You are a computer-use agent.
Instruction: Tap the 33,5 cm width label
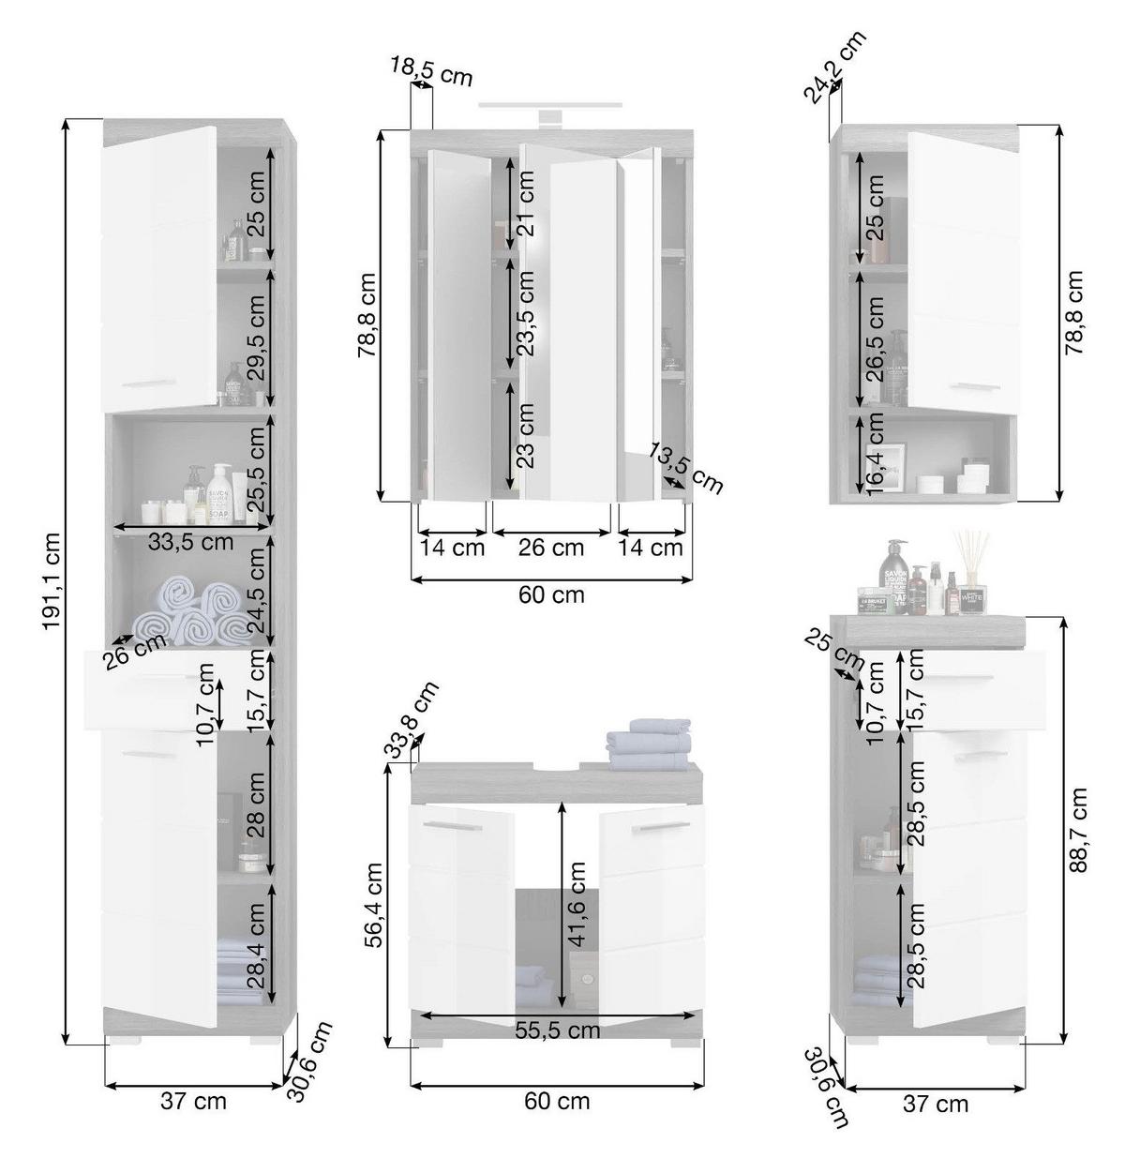click(190, 541)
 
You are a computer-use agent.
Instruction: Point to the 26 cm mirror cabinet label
click(551, 548)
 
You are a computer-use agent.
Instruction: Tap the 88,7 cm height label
click(1078, 830)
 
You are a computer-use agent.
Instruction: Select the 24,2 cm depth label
click(834, 67)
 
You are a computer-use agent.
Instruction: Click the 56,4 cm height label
click(374, 905)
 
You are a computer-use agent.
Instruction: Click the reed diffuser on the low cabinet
click(970, 572)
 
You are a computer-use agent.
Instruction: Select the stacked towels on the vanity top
click(649, 744)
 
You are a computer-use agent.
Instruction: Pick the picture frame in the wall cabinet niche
click(885, 467)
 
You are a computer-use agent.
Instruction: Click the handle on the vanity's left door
click(452, 825)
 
